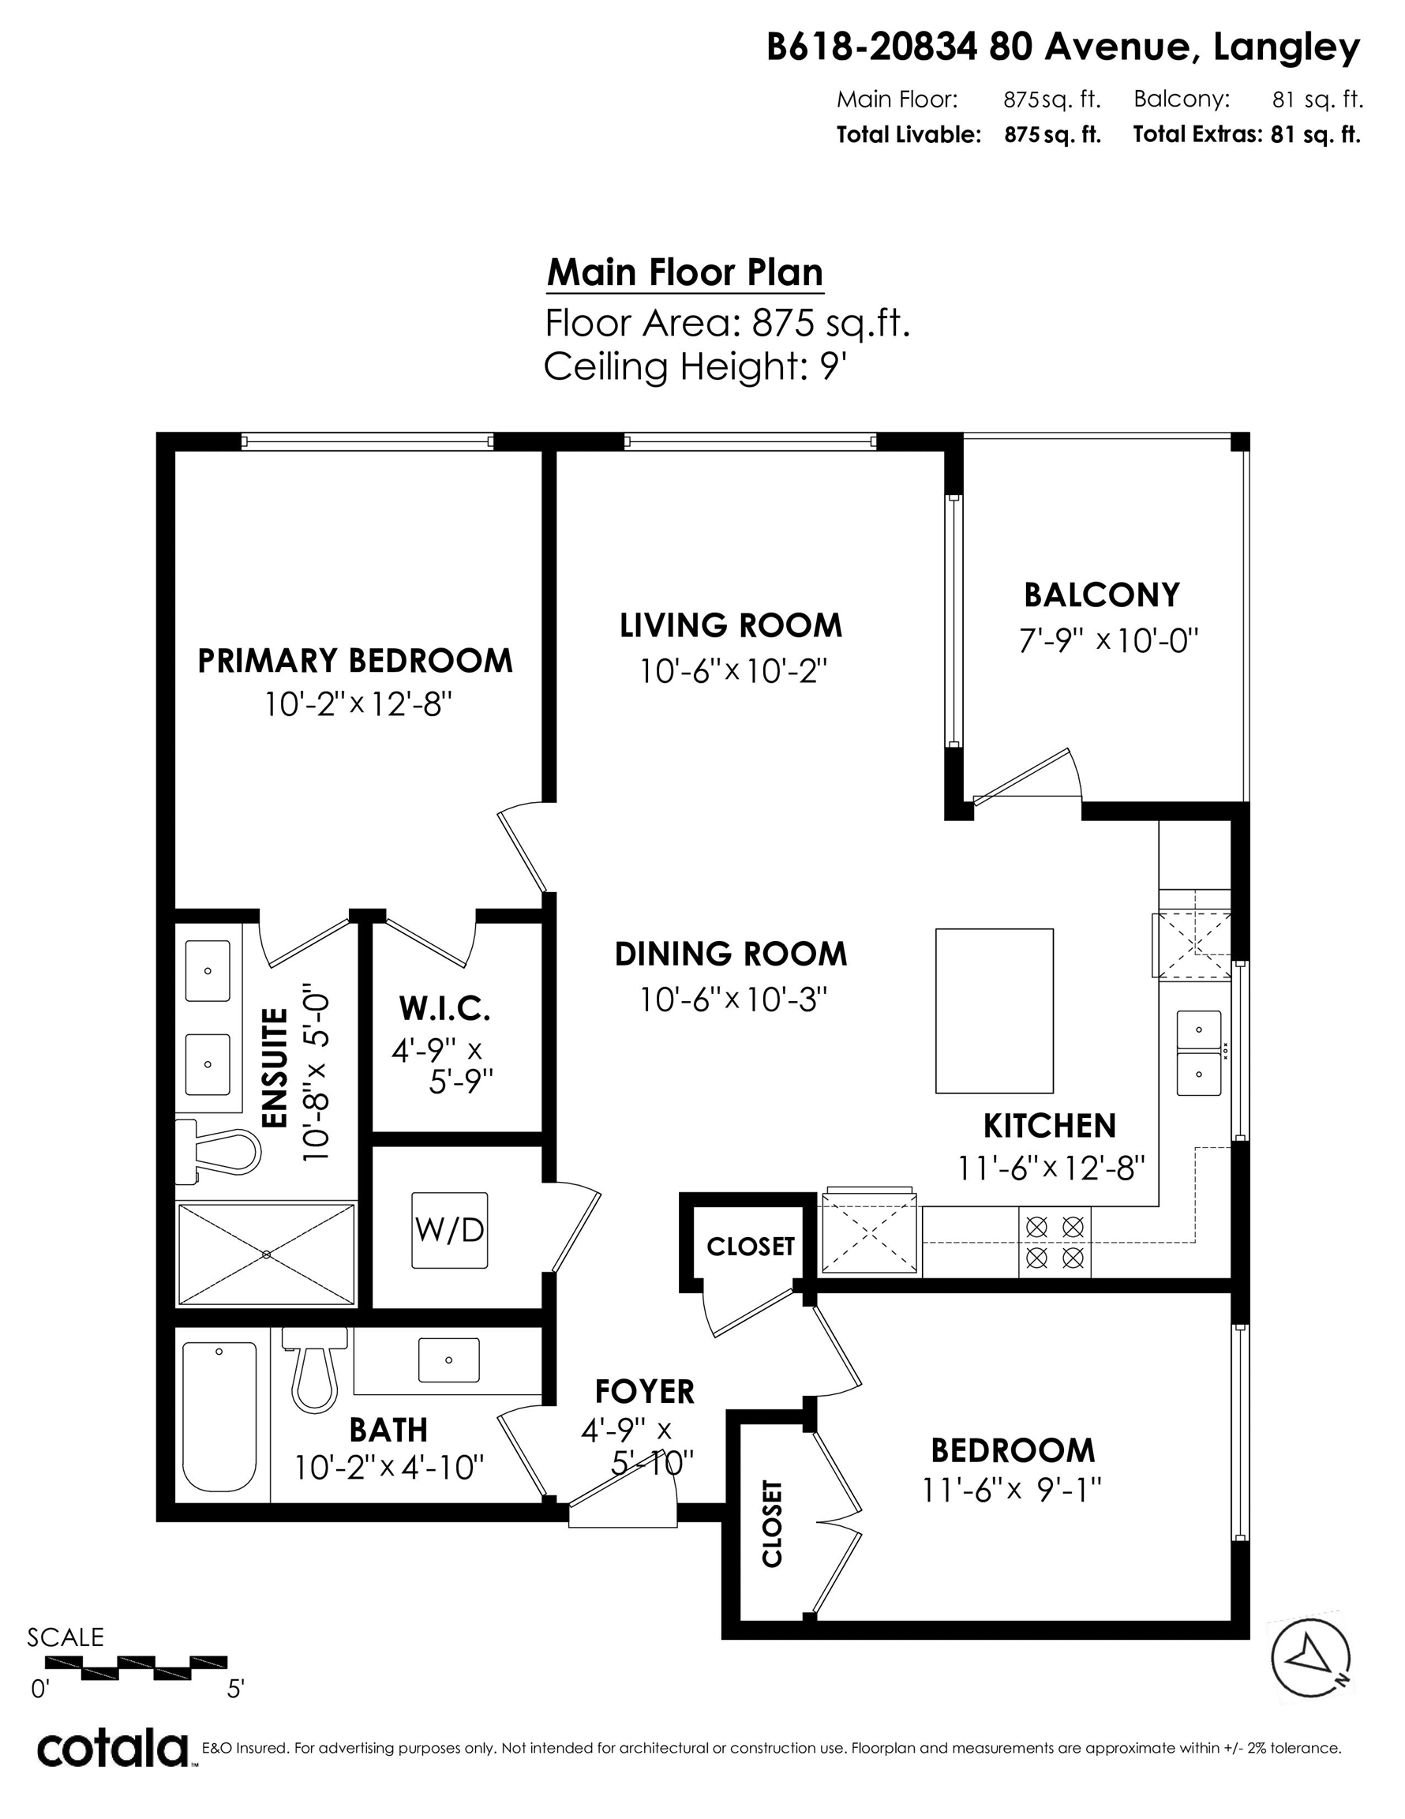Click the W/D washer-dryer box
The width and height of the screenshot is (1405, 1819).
pyautogui.click(x=450, y=1230)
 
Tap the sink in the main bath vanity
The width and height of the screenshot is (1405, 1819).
pyautogui.click(x=449, y=1360)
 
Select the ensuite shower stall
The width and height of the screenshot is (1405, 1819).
pyautogui.click(x=267, y=1255)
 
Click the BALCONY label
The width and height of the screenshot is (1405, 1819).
pyautogui.click(x=1102, y=595)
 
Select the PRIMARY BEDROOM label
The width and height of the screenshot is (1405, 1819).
pyautogui.click(x=354, y=661)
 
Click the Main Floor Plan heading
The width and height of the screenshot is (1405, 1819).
pyautogui.click(x=684, y=272)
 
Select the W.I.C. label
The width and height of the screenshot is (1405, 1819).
pyautogui.click(x=444, y=1009)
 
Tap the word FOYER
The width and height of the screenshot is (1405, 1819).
pyautogui.click(x=645, y=1391)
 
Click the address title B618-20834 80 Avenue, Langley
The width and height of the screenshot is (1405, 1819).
pyautogui.click(x=1062, y=47)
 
